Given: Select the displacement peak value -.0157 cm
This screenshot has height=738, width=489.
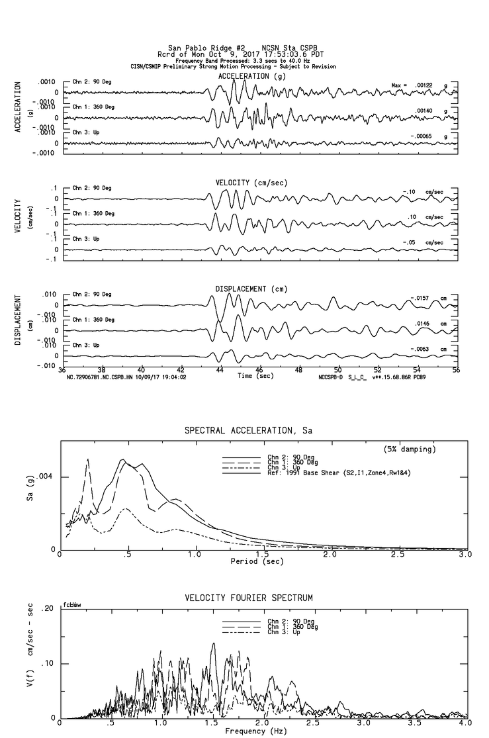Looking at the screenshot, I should (x=422, y=298).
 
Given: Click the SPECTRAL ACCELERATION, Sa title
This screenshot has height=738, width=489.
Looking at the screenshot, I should (x=249, y=430).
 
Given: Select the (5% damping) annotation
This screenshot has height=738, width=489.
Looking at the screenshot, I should (x=410, y=449).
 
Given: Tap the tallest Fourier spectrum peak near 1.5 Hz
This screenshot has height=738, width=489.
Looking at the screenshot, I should (x=213, y=643).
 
